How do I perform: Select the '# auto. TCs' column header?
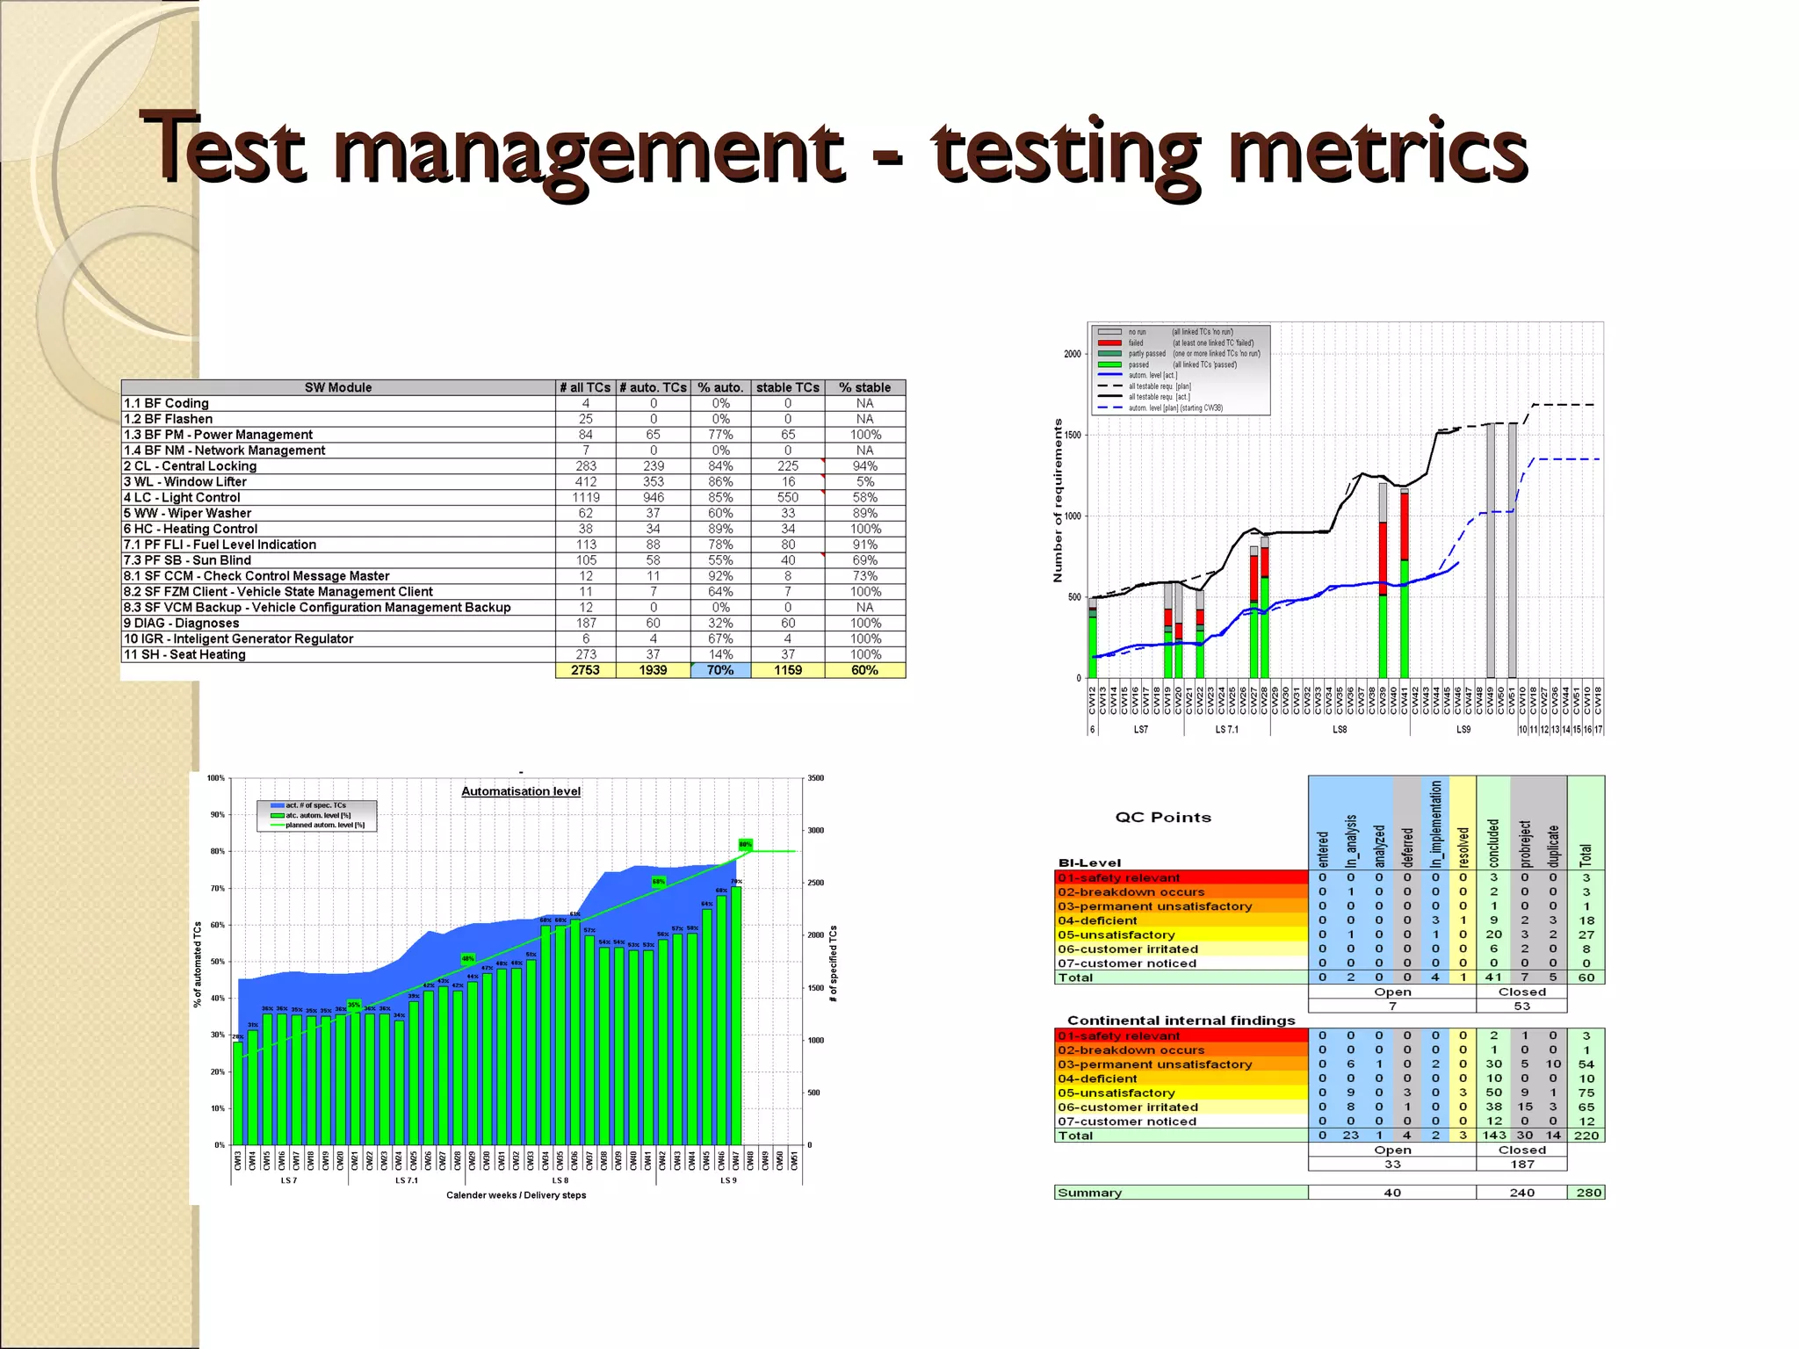653,387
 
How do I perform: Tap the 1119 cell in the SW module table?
586,497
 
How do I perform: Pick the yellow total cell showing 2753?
586,670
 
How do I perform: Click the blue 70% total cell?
720,670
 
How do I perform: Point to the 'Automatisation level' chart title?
521,791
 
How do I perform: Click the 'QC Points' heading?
1163,817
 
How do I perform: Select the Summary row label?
1090,1193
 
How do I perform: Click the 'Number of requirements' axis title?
1058,501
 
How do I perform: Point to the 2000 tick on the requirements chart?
1072,354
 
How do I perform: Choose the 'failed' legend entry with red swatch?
1135,343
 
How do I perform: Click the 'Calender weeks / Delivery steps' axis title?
516,1195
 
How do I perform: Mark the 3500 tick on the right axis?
816,778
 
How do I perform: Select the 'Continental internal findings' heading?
1181,1021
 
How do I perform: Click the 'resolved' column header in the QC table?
1463,847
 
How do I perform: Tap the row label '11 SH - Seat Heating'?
184,654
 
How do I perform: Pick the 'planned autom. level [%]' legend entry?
324,826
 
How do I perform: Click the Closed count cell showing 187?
1522,1165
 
